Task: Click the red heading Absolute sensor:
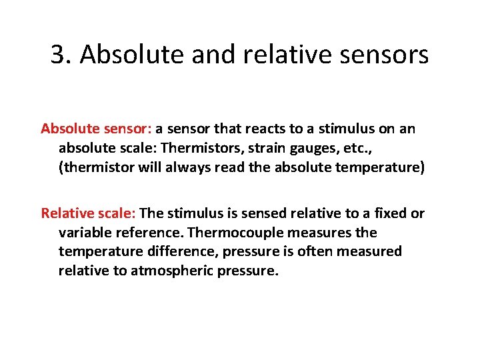[x=97, y=129]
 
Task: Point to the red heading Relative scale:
[x=89, y=213]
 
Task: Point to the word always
[x=192, y=167]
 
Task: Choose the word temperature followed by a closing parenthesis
[x=379, y=167]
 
